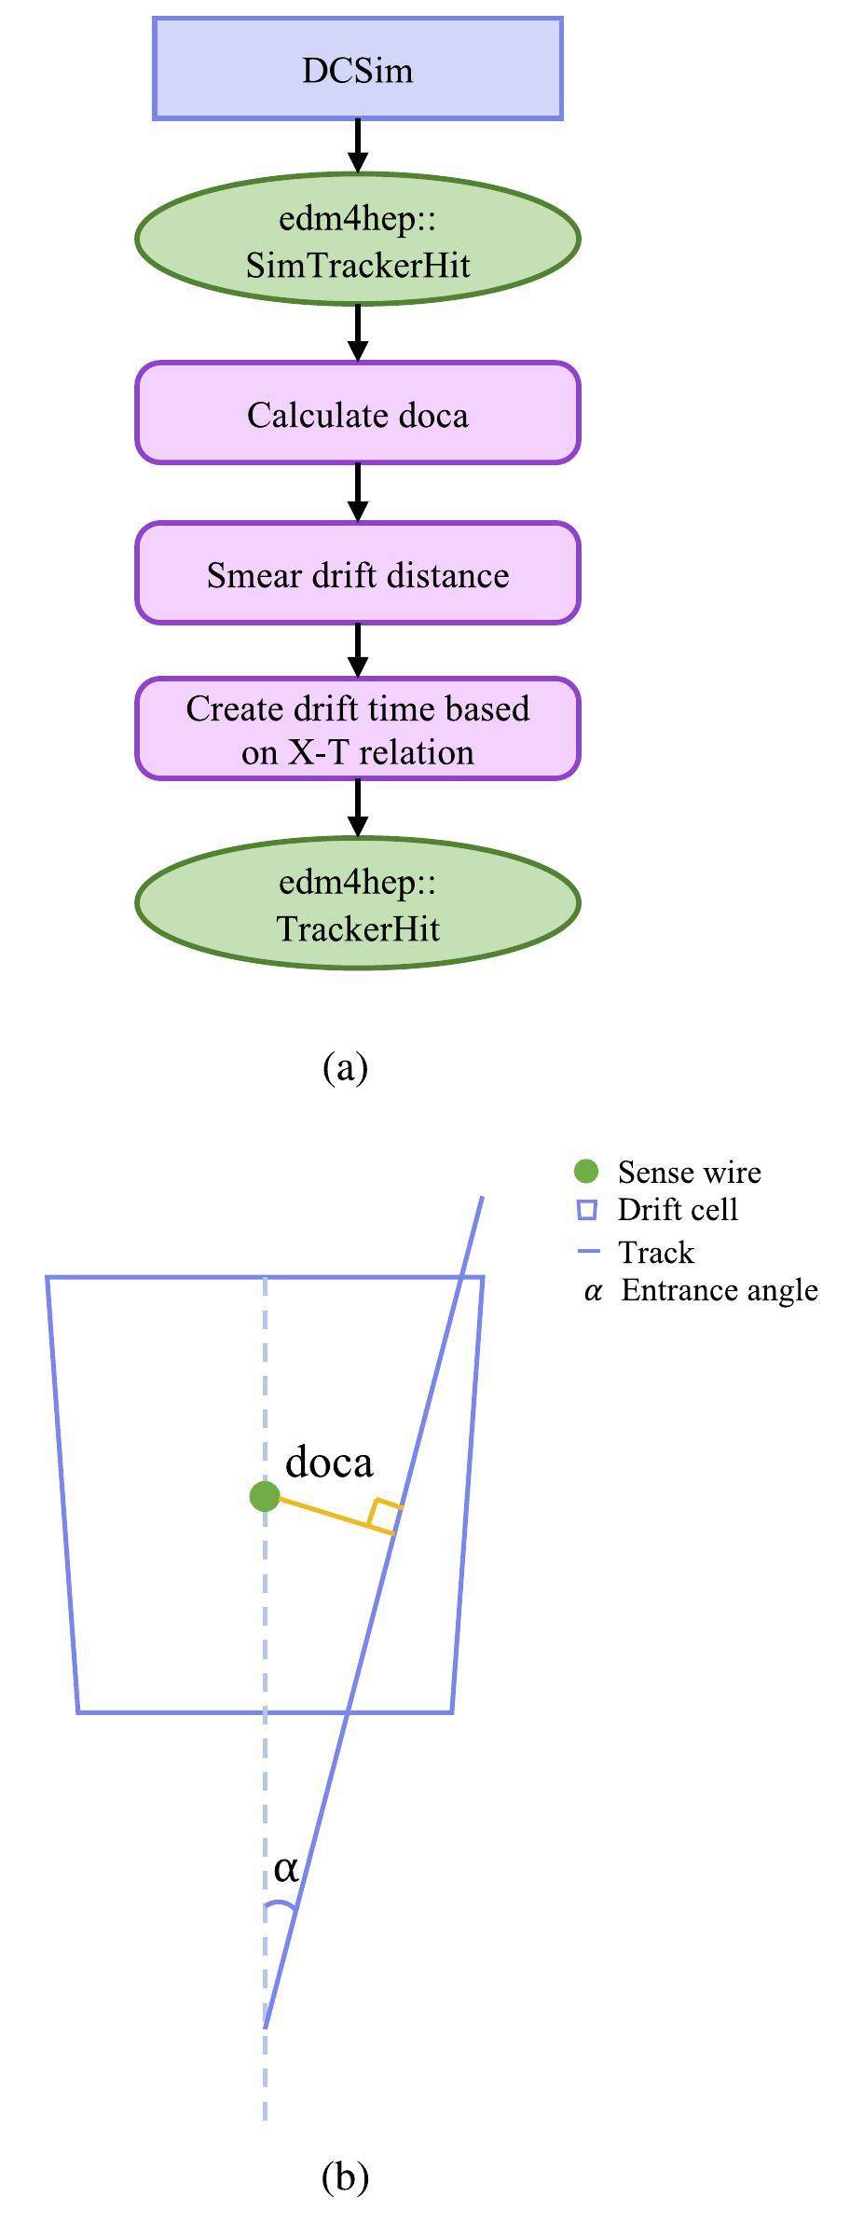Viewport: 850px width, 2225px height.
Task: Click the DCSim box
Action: click(x=357, y=70)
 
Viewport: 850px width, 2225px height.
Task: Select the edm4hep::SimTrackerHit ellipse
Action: click(x=357, y=240)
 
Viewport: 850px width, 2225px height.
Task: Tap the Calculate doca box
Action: click(x=357, y=414)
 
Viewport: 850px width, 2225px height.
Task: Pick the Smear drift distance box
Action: click(x=357, y=573)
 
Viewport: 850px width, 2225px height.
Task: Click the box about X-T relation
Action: click(x=357, y=729)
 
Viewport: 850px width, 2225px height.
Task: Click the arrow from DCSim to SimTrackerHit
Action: click(x=357, y=145)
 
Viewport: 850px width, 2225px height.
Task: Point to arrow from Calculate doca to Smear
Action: click(x=357, y=492)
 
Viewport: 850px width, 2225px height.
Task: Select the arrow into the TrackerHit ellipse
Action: click(x=357, y=807)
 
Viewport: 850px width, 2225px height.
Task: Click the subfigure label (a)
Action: click(x=345, y=1066)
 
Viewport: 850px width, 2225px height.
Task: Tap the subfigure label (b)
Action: click(x=345, y=2177)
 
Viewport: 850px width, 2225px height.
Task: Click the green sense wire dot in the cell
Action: click(x=265, y=1496)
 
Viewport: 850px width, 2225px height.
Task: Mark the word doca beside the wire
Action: click(x=328, y=1462)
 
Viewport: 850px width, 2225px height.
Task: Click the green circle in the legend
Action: click(x=586, y=1171)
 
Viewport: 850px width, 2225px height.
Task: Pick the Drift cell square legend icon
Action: click(x=586, y=1210)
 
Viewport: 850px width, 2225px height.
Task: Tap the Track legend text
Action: click(x=655, y=1252)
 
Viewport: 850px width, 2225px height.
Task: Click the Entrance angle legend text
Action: click(x=719, y=1290)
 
